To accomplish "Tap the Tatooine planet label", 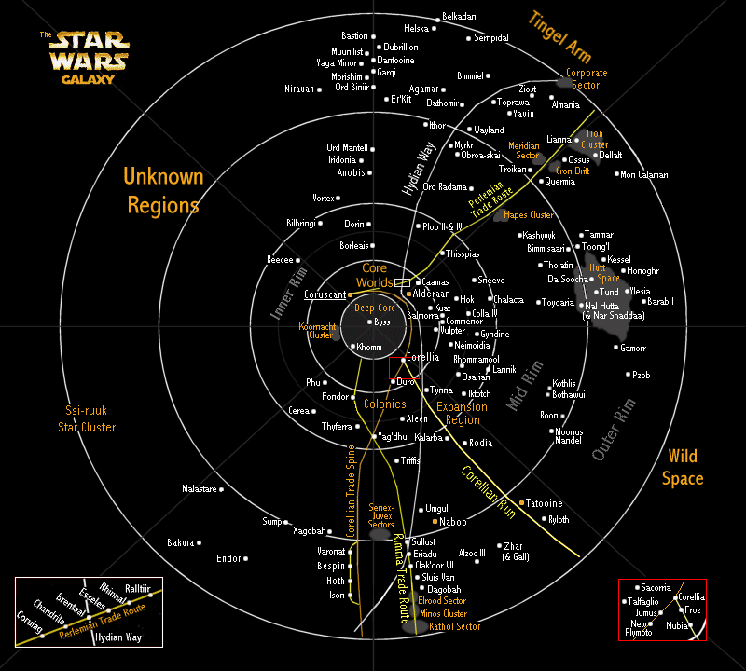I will coord(545,503).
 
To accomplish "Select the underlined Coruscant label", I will coord(325,294).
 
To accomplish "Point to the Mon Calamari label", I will coord(644,174).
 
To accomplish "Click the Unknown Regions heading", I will coord(163,190).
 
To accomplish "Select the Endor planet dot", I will coord(247,558).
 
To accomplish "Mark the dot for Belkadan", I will coord(438,18).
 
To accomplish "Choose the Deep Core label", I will coord(373,308).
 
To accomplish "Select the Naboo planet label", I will coord(453,522).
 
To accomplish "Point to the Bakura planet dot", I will coord(199,542).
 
